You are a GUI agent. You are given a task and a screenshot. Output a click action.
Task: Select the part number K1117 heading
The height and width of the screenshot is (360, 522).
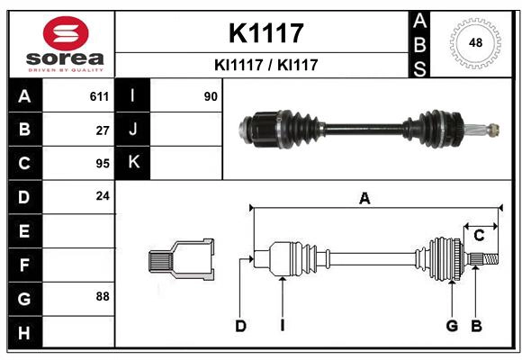(x=265, y=33)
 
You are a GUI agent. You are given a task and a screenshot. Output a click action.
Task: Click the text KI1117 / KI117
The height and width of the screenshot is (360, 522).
(x=265, y=65)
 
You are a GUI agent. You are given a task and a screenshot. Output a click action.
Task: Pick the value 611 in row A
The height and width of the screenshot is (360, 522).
(x=99, y=96)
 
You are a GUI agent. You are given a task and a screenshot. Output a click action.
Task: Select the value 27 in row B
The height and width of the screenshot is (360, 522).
(x=102, y=130)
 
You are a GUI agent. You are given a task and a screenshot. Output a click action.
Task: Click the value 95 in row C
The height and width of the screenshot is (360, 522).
(x=102, y=164)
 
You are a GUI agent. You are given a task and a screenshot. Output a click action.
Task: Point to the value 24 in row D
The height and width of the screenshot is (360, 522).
(x=102, y=195)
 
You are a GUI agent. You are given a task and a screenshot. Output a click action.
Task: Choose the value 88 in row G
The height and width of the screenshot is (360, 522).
(x=102, y=295)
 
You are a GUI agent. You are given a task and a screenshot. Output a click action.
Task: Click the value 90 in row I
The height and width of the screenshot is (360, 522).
(x=211, y=96)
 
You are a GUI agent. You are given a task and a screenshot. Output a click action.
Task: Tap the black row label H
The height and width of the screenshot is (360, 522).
(x=24, y=333)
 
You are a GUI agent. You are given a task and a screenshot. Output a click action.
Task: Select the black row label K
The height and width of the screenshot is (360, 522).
(x=134, y=163)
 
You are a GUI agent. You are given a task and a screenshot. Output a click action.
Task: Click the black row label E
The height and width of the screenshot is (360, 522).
(x=24, y=231)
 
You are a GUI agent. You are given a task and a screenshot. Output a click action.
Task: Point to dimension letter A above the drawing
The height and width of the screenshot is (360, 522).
(x=364, y=199)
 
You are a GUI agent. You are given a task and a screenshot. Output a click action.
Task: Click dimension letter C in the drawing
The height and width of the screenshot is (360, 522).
(x=479, y=236)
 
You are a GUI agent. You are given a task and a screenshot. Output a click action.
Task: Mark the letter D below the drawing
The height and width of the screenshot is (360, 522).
(x=240, y=326)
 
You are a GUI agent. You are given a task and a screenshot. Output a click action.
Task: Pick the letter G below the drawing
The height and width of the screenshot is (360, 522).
(x=452, y=326)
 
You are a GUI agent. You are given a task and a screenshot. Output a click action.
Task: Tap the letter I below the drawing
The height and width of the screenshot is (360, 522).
(x=282, y=326)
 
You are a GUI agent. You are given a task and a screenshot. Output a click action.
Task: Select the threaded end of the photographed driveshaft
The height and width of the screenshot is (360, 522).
(x=490, y=130)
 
